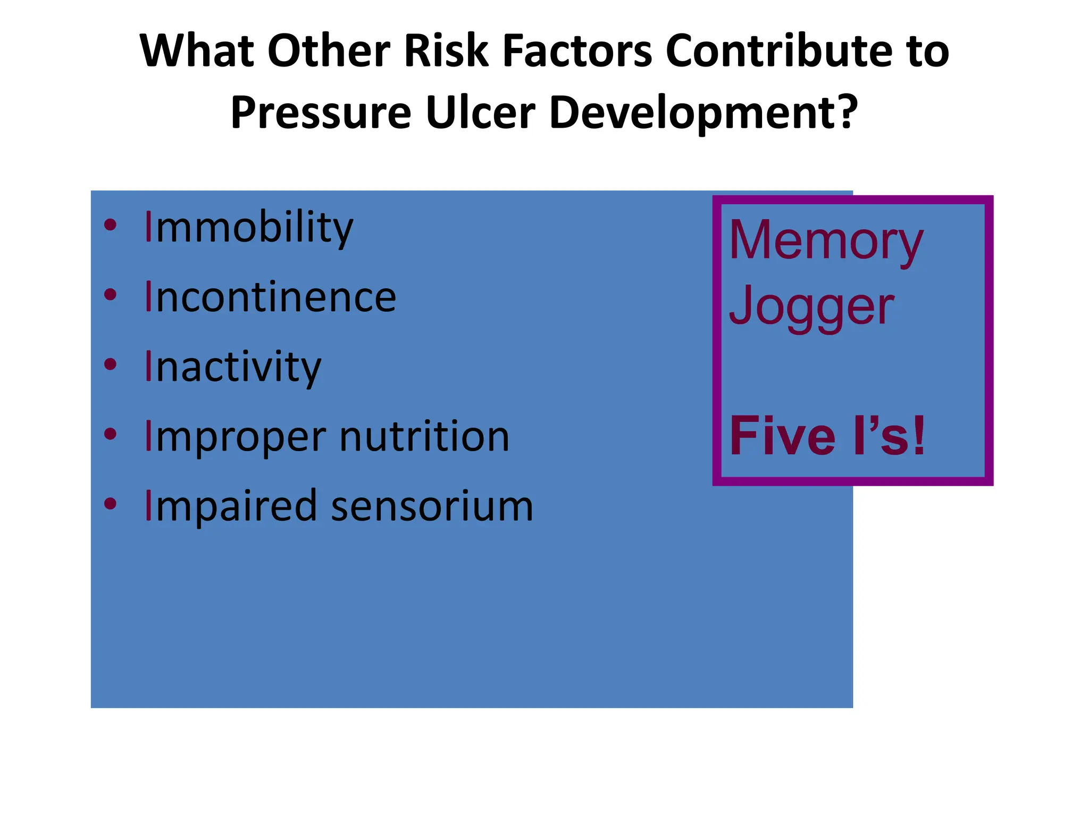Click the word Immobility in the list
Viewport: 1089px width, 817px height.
(x=248, y=228)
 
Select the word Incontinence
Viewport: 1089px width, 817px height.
(x=270, y=297)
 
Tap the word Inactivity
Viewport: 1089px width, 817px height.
(x=232, y=368)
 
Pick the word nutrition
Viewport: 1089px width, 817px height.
(x=424, y=437)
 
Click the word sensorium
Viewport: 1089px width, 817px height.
(x=432, y=507)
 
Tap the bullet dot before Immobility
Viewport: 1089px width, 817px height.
(x=110, y=225)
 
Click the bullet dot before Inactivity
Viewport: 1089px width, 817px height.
(x=110, y=365)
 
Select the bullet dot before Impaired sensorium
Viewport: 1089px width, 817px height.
(x=110, y=504)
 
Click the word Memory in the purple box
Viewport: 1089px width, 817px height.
(x=826, y=241)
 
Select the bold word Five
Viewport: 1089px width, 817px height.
(x=782, y=437)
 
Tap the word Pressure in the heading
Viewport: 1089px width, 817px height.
(x=321, y=113)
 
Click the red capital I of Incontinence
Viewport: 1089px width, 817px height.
(x=149, y=297)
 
